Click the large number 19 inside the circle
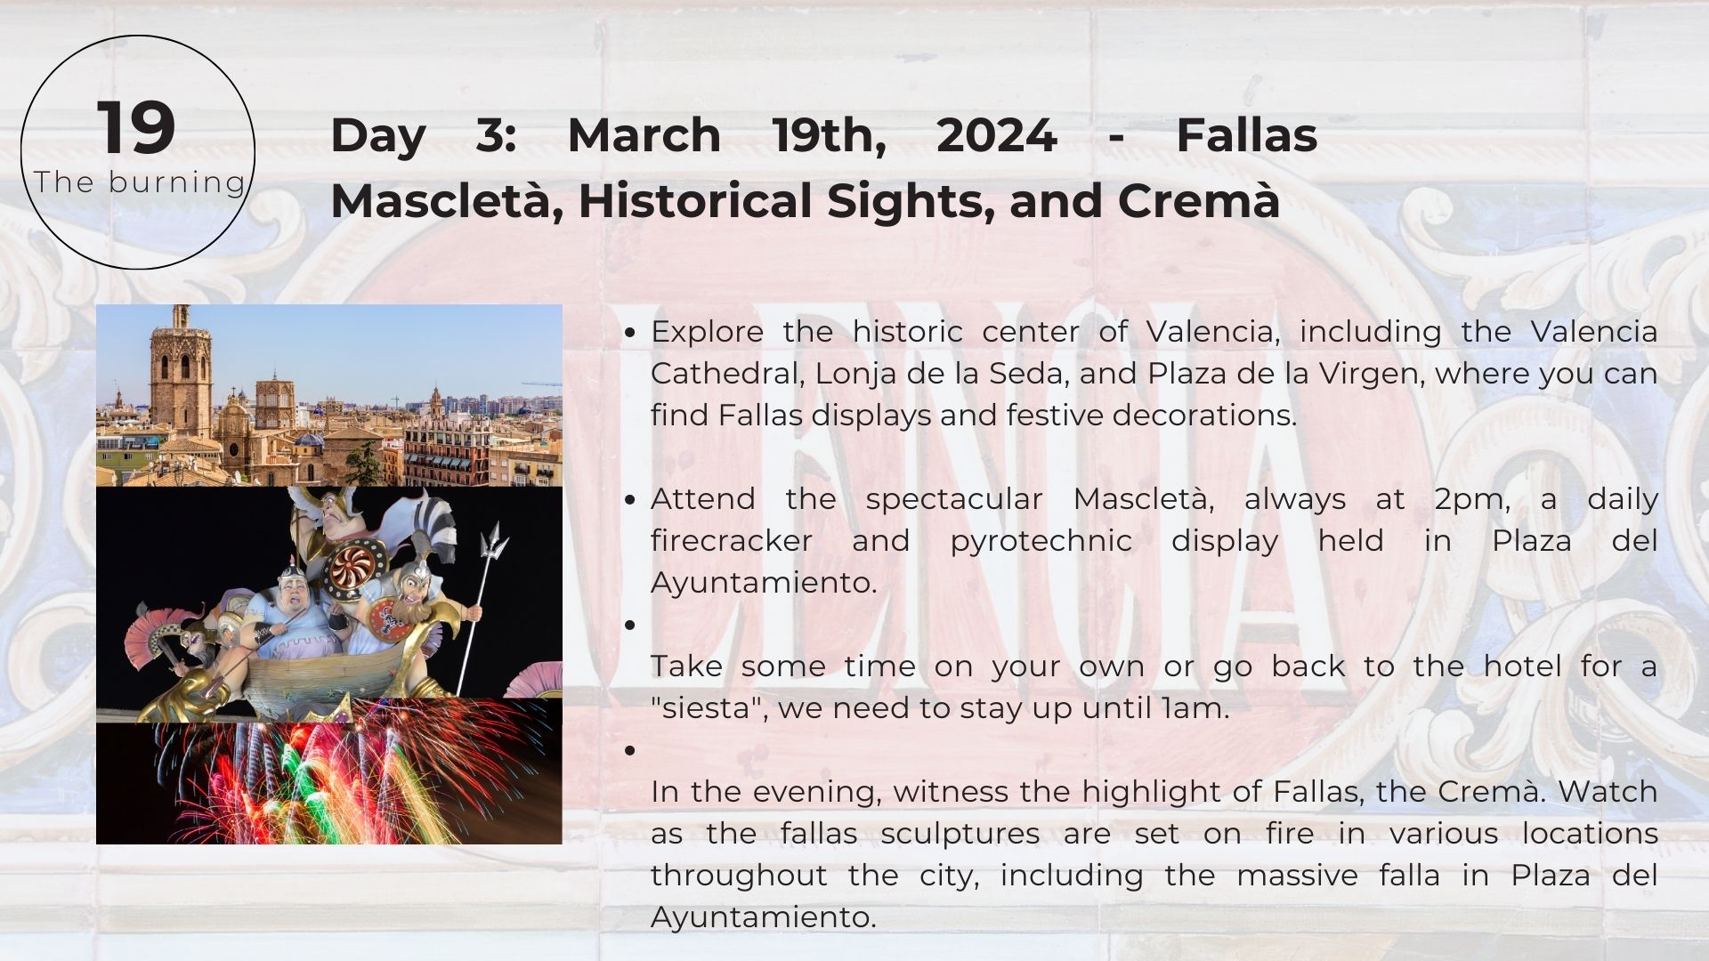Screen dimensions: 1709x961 (x=136, y=128)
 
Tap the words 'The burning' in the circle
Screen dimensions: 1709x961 (x=140, y=182)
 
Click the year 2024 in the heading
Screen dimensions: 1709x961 (x=996, y=135)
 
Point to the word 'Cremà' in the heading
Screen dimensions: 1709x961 (x=1198, y=200)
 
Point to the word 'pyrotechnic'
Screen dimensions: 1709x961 (x=1041, y=542)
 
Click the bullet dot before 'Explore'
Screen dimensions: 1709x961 (x=630, y=333)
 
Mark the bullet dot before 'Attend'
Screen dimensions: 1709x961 (x=630, y=500)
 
